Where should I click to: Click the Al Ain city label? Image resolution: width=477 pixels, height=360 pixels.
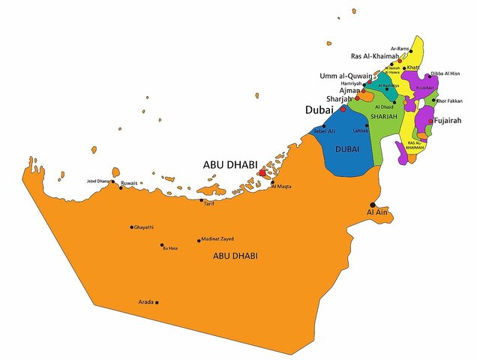(x=376, y=213)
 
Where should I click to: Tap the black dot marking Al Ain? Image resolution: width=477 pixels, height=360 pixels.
(x=373, y=204)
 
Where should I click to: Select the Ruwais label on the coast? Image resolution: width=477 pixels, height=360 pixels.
(x=129, y=183)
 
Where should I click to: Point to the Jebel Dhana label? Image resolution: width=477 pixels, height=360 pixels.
(x=100, y=181)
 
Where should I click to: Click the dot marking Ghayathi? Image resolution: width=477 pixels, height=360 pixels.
(x=132, y=227)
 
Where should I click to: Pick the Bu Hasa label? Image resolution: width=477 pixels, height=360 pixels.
(x=170, y=247)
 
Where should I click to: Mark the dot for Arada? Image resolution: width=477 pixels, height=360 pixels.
(x=157, y=302)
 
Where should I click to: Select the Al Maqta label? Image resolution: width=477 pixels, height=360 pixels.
(x=281, y=186)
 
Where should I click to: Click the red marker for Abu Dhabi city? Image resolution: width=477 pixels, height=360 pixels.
(x=261, y=172)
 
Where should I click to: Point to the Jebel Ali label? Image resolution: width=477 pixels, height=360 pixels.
(x=324, y=131)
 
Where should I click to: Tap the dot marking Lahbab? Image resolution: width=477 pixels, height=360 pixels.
(x=367, y=125)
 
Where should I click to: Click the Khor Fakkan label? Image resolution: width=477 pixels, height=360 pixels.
(x=451, y=100)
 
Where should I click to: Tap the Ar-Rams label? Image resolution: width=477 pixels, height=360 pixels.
(x=400, y=48)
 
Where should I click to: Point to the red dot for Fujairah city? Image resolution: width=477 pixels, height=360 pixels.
(x=430, y=120)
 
